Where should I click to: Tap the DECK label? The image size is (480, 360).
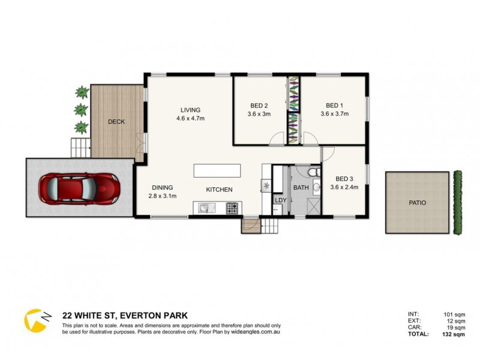[116, 122]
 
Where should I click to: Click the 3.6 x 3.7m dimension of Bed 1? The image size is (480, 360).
[334, 113]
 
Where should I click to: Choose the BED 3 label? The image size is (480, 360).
[344, 178]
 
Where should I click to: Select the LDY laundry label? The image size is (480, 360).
[280, 200]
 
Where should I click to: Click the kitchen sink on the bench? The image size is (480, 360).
[205, 208]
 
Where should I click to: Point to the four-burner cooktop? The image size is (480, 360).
[232, 208]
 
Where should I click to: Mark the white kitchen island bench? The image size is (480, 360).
[217, 170]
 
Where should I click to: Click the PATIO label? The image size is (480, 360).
[417, 203]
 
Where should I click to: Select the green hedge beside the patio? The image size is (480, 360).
[459, 203]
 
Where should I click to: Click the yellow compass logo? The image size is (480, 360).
[35, 319]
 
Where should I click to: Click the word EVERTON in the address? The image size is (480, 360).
[139, 314]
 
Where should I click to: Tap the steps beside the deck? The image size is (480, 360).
[79, 146]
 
